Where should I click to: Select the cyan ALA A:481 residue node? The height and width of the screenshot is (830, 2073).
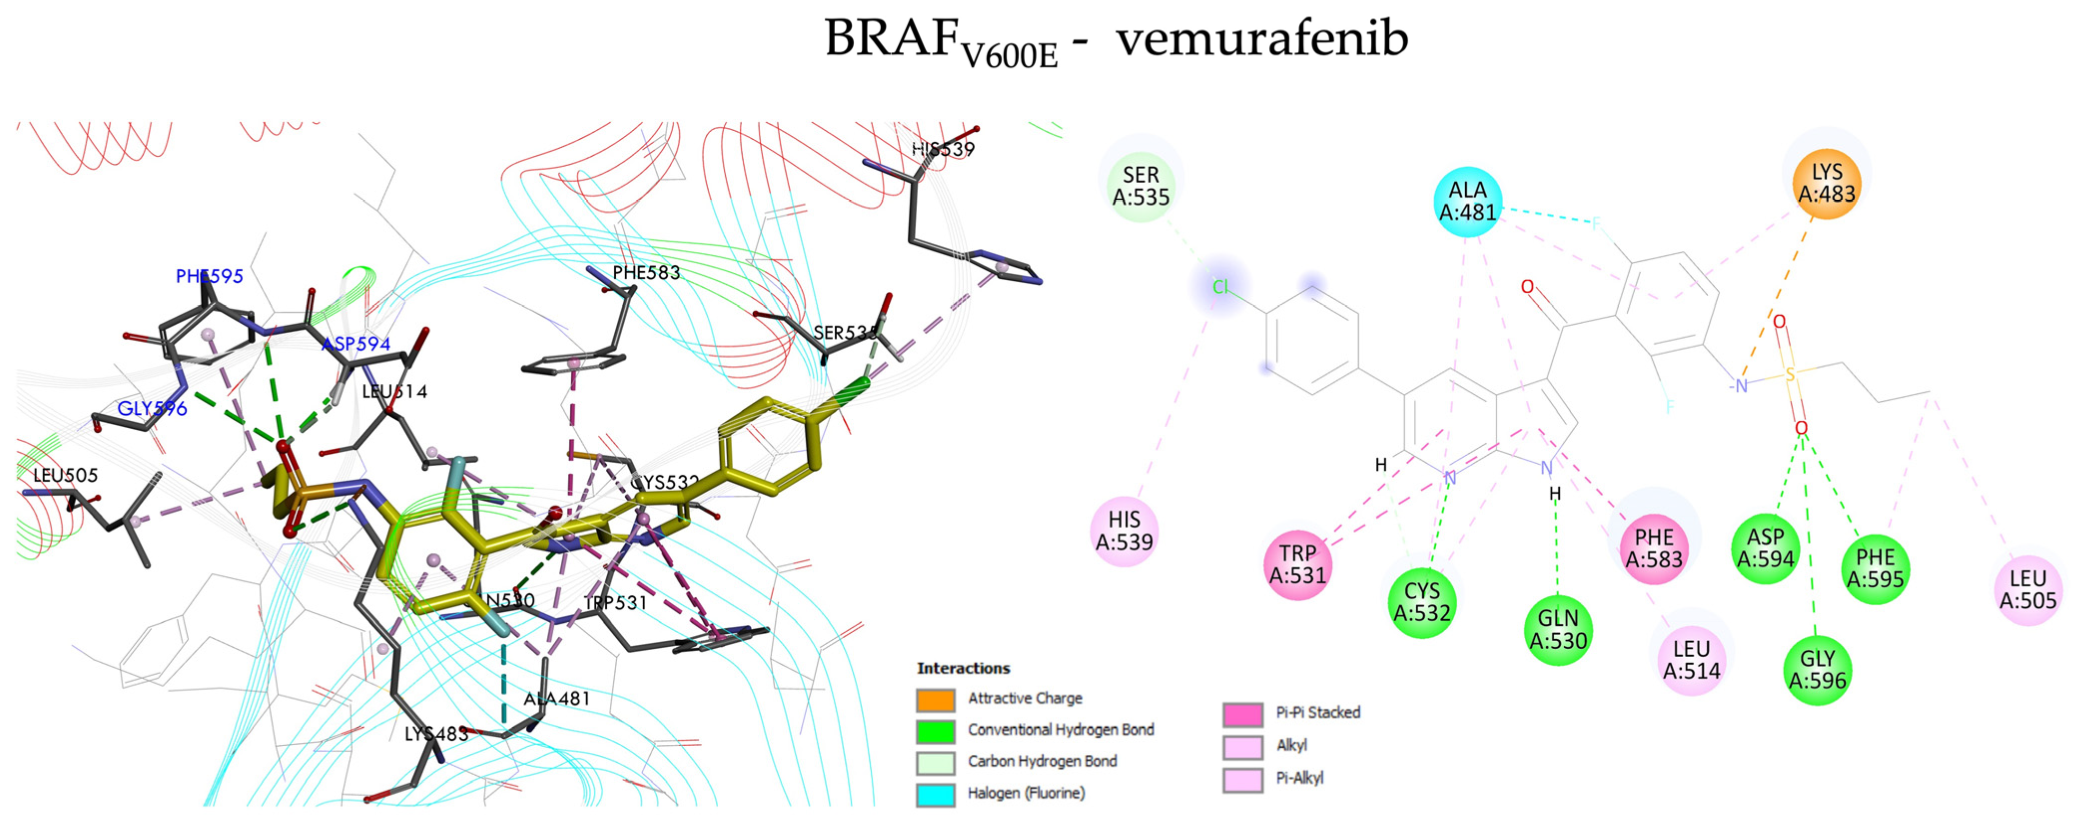tap(1468, 202)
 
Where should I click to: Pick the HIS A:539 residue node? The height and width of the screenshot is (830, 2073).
tap(1124, 532)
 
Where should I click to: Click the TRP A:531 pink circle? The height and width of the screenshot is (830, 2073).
tap(1297, 564)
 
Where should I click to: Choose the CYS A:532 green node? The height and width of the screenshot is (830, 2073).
tap(1422, 601)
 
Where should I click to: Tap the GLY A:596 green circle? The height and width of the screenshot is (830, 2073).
tap(1817, 670)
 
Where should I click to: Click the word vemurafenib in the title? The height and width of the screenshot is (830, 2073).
tap(1262, 38)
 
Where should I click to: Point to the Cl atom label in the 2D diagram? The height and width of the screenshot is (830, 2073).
tap(1221, 287)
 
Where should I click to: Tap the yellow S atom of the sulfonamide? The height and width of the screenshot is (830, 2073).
tap(1790, 375)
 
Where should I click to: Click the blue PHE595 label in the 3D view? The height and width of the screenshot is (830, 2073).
tap(209, 277)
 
